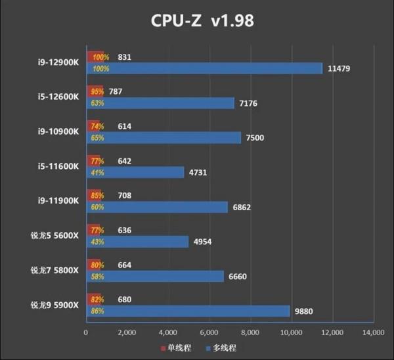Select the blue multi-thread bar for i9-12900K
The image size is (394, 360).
click(204, 68)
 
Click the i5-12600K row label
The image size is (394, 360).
click(58, 97)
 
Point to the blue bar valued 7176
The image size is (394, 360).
click(160, 103)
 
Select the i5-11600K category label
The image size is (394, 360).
click(58, 166)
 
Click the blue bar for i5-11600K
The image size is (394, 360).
click(135, 172)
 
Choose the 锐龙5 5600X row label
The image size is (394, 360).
click(55, 235)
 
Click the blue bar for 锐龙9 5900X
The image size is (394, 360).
click(187, 311)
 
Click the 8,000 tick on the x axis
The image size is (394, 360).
click(250, 333)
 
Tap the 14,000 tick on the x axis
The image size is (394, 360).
click(373, 333)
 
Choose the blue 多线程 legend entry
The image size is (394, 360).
click(221, 348)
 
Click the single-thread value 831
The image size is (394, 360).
click(124, 57)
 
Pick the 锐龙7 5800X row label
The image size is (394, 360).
click(55, 269)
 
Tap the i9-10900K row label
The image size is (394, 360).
click(58, 131)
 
